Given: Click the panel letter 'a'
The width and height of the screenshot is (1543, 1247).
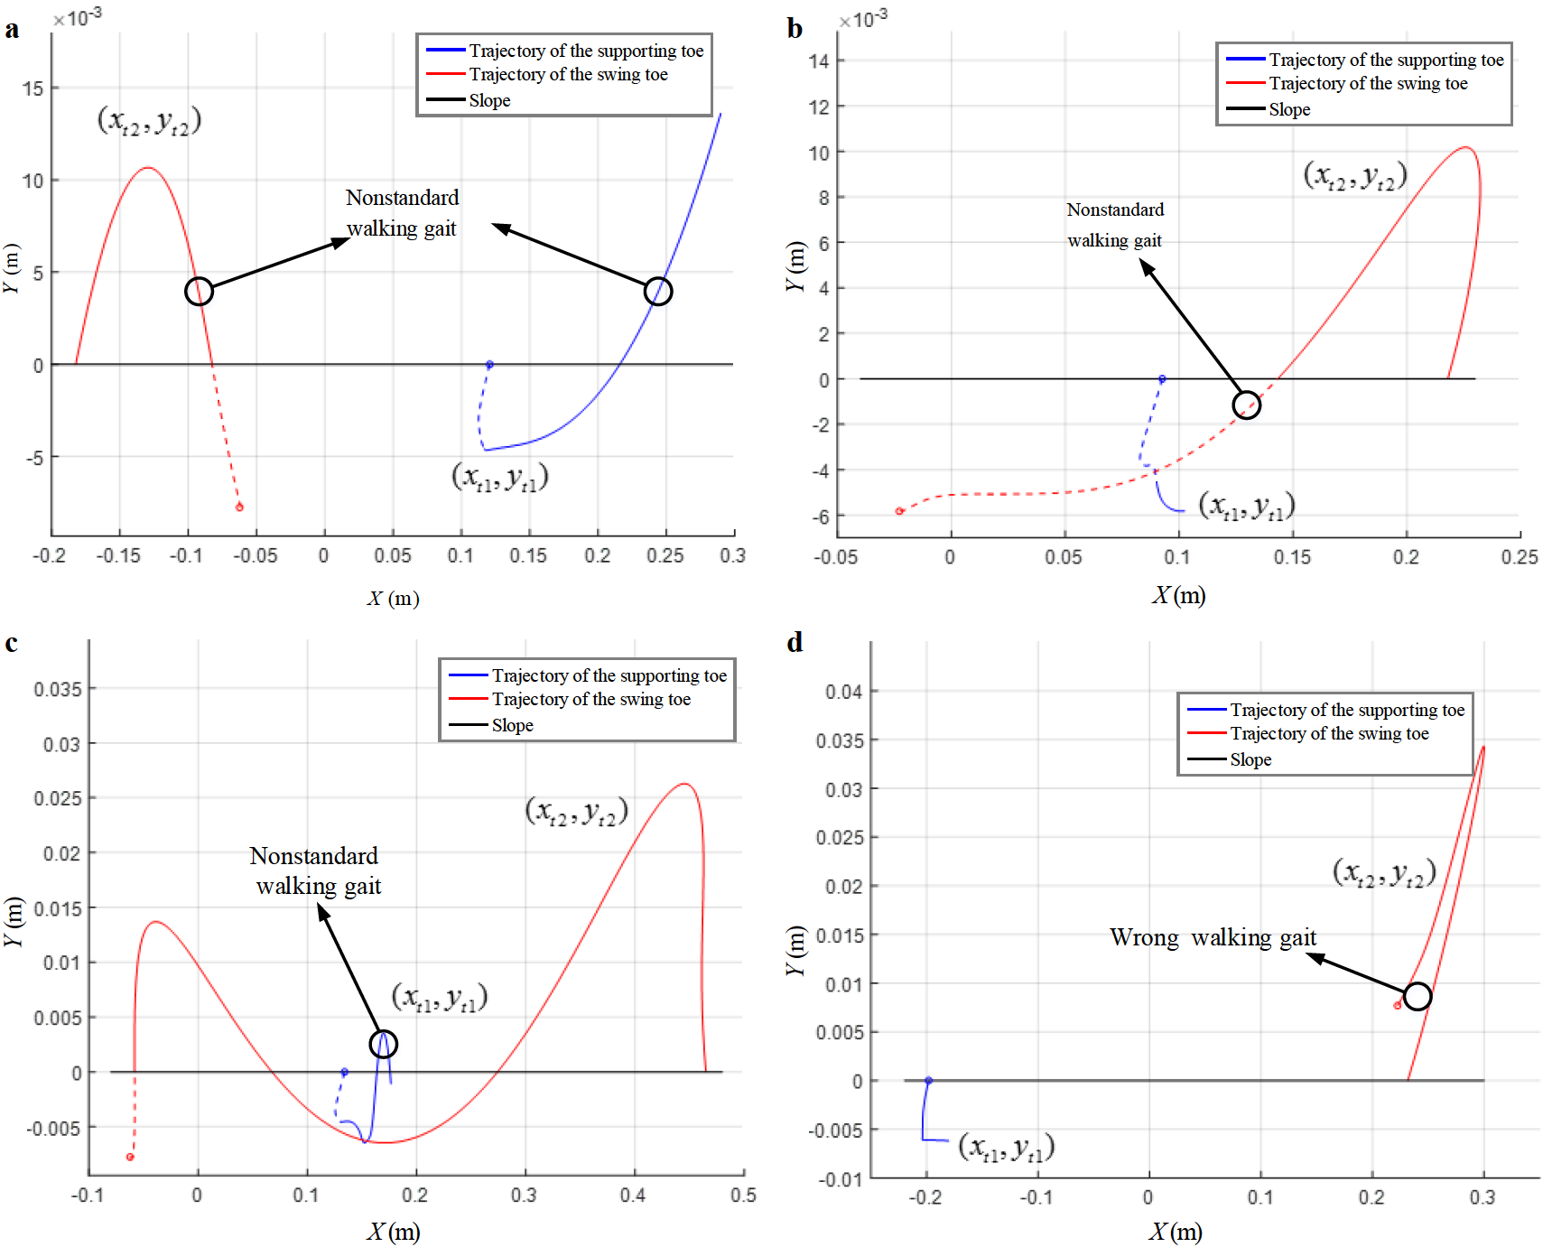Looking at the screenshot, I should click(12, 30).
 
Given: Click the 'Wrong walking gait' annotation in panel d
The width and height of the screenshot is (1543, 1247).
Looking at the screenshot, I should click(1213, 938).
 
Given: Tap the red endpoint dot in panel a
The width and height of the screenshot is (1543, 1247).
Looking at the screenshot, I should click(239, 507).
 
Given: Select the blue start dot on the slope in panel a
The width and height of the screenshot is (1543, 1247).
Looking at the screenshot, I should click(489, 365).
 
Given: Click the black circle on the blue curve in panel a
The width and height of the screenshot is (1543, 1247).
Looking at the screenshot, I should click(658, 292).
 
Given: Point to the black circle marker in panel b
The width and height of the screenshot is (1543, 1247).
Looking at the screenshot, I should click(1246, 405).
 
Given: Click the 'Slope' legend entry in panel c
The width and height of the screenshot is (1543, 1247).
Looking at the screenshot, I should click(512, 726).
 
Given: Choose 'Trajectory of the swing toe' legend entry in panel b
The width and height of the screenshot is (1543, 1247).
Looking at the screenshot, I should click(1367, 84).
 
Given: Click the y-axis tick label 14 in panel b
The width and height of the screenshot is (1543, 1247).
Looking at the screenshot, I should click(819, 61).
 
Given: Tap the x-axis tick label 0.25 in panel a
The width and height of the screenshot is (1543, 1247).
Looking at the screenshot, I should click(665, 556).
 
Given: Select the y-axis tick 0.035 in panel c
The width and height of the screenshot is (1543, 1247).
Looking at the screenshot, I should click(58, 690).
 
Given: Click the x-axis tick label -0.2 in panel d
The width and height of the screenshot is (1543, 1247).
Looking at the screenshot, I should click(925, 1198).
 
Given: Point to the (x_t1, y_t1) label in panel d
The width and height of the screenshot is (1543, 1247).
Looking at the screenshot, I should click(1006, 1148).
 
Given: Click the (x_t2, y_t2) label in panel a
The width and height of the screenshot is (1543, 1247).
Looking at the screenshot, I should click(149, 121).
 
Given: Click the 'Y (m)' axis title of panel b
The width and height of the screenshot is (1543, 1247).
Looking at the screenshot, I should click(795, 266).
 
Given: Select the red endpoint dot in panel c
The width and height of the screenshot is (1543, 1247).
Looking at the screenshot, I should click(130, 1157).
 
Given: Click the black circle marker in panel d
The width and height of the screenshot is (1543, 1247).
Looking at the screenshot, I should click(1418, 996).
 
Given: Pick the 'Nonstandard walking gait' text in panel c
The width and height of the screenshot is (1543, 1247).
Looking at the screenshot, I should click(316, 871).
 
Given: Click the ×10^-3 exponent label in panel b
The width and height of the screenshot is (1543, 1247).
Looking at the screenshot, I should click(863, 19).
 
